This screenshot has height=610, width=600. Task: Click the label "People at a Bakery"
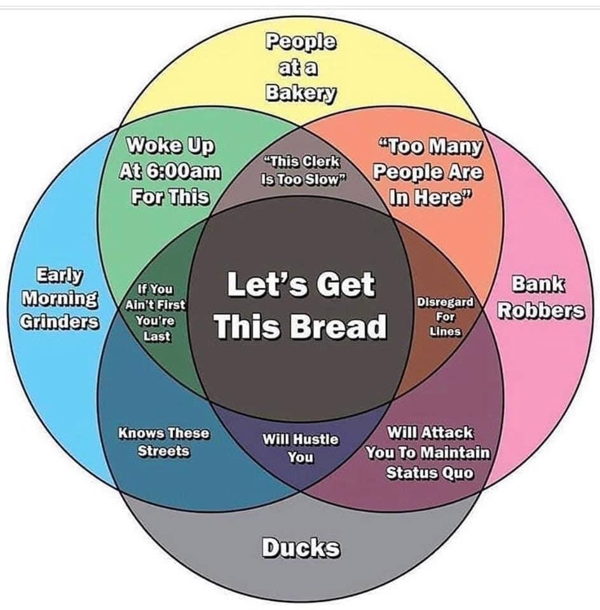point(301,67)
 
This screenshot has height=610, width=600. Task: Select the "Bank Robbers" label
point(540,298)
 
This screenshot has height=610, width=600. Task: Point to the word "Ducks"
point(301,548)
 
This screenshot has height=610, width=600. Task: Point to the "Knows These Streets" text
point(163,442)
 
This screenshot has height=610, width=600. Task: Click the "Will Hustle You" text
point(301,448)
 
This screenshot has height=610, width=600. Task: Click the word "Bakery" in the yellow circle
point(301,92)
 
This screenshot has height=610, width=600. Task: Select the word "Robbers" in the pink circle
point(540,311)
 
